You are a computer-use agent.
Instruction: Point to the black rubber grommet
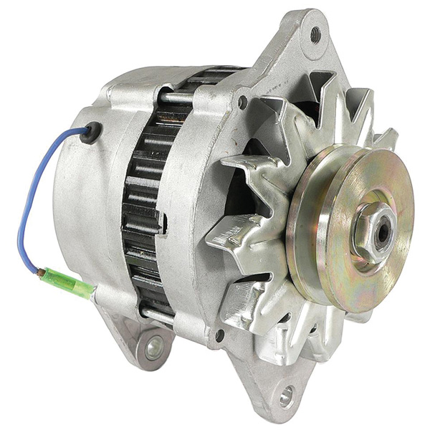92,130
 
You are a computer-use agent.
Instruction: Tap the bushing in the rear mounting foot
153,349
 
